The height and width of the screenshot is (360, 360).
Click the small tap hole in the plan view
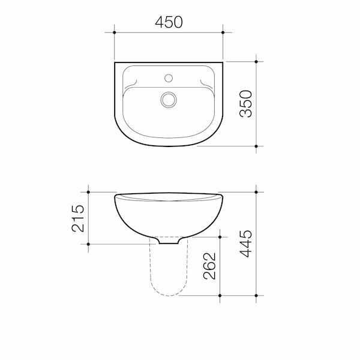pos(169,77)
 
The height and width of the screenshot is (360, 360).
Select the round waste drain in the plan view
pos(169,98)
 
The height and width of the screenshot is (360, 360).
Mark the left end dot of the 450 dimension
pos(114,32)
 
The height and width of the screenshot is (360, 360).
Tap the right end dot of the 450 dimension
pos(223,32)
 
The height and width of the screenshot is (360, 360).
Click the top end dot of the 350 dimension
pos(256,61)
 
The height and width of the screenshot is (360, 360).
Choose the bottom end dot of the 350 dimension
pos(256,146)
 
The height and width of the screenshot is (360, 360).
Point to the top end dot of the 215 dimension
pos(89,192)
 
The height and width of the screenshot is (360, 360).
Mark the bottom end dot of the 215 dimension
pos(89,244)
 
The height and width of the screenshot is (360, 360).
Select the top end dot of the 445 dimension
pos(256,192)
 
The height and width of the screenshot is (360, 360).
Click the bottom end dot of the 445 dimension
pos(256,296)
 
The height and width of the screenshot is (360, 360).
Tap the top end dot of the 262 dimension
pos(222,235)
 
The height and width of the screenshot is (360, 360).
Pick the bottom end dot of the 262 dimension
pos(222,296)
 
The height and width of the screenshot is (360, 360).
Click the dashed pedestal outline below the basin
pos(168,282)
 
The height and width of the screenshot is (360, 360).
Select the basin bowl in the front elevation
pos(168,216)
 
